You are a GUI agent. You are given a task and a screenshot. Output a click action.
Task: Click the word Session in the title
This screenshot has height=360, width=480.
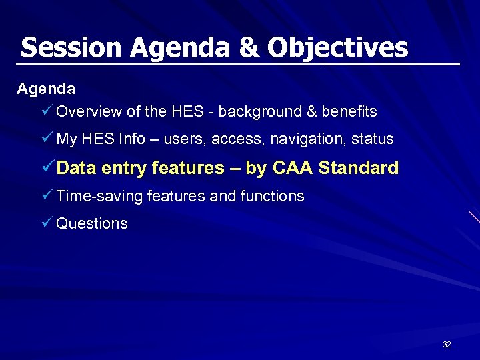(x=71, y=47)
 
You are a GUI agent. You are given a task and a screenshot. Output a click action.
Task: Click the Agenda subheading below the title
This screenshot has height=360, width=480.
(x=46, y=88)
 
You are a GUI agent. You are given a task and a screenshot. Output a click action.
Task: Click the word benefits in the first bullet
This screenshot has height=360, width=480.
(x=349, y=111)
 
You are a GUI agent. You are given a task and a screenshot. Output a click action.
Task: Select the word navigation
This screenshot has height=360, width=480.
(x=299, y=139)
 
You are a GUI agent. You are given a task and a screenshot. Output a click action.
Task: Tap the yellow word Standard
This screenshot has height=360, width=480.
(x=358, y=168)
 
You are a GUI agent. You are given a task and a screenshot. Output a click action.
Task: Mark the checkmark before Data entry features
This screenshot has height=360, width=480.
(x=47, y=167)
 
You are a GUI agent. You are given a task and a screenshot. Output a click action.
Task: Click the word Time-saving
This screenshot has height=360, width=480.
(x=99, y=196)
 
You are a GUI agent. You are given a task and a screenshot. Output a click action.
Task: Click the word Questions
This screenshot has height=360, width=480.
(x=91, y=224)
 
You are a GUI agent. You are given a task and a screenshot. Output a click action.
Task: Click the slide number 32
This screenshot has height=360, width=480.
(x=447, y=345)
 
